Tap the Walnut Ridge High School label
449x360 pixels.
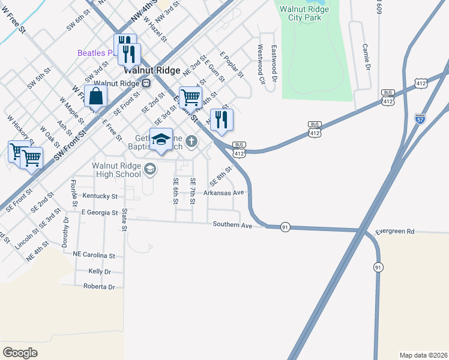116,170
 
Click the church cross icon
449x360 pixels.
191,142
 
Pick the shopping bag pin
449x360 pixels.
95,96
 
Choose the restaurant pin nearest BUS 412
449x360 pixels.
221,119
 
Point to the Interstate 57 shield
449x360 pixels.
420,119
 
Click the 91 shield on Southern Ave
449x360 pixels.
285,227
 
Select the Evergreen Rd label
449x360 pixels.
395,231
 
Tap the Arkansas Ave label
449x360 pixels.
225,193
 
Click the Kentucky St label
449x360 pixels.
100,196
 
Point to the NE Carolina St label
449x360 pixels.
94,255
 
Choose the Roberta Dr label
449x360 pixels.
99,287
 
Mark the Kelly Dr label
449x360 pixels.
100,271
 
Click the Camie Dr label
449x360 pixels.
365,56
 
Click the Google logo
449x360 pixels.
20,352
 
